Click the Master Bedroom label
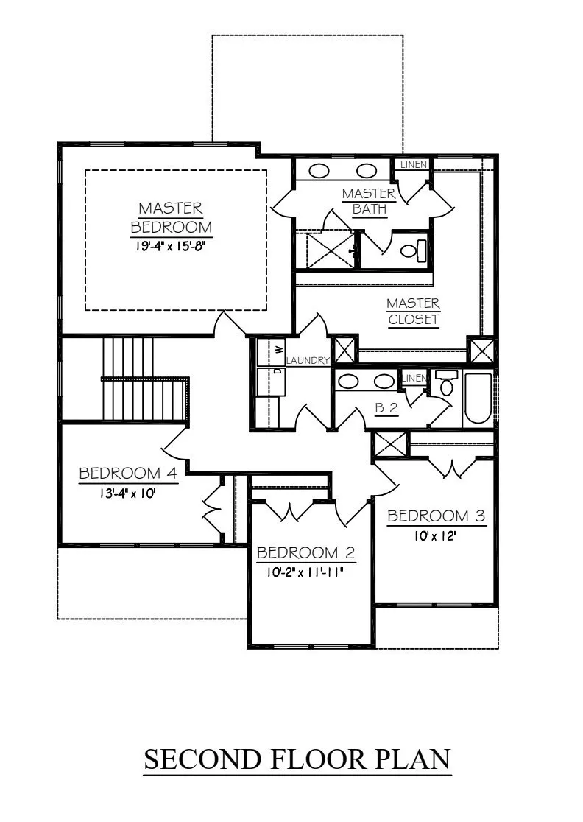coord(172,217)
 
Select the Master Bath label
coord(370,201)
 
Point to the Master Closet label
coord(413,311)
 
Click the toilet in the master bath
coord(414,250)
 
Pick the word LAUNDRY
coord(308,361)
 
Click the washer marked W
coord(270,351)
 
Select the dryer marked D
coord(270,381)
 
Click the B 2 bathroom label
coord(386,408)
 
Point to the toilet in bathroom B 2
coord(447,383)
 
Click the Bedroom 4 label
coord(128,473)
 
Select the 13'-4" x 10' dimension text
coord(128,493)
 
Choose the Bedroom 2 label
coord(306,552)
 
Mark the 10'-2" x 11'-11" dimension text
coord(304,572)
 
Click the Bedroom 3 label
coord(437,516)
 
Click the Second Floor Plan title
coord(297,759)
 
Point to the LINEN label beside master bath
coord(414,164)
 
